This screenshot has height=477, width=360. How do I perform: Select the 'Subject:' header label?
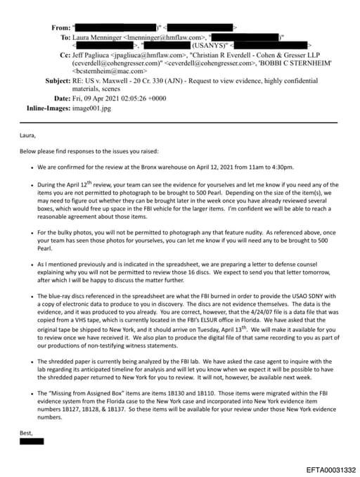pyautogui.click(x=58, y=81)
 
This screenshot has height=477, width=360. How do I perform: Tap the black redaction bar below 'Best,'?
pyautogui.click(x=32, y=441)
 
